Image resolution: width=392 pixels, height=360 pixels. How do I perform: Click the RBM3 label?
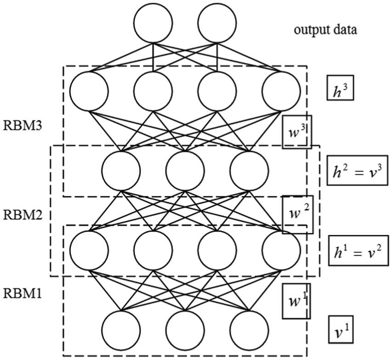tap(23, 126)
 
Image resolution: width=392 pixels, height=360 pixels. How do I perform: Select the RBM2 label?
tap(23, 215)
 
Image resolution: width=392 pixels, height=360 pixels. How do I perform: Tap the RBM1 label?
tap(22, 293)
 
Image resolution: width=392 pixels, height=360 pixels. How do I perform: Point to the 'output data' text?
tap(325, 30)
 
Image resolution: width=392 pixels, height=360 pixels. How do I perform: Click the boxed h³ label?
tap(340, 87)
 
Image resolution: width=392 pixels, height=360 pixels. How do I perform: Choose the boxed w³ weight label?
tap(297, 132)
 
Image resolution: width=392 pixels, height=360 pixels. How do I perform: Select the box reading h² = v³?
tap(358, 170)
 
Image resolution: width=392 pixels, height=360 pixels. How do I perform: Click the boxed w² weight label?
tap(297, 215)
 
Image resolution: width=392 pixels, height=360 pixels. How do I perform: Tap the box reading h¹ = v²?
tap(358, 250)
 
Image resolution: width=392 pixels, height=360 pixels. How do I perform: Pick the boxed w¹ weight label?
tap(296, 301)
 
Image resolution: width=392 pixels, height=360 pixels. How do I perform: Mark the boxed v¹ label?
tap(341, 330)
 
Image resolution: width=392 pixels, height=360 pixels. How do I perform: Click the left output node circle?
tap(153, 23)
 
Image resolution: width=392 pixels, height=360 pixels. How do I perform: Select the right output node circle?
tap(217, 23)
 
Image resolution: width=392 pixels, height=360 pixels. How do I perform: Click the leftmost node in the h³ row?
tap(89, 91)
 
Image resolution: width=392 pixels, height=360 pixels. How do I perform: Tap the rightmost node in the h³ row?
tap(281, 91)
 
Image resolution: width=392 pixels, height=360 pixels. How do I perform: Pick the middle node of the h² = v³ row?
tap(185, 171)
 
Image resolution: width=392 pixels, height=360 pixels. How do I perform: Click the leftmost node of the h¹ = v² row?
tap(89, 250)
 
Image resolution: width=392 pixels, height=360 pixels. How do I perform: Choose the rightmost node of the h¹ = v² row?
tap(281, 250)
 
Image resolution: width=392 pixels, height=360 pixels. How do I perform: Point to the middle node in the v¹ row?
tap(185, 330)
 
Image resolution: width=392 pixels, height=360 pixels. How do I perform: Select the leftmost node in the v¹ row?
tap(121, 330)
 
